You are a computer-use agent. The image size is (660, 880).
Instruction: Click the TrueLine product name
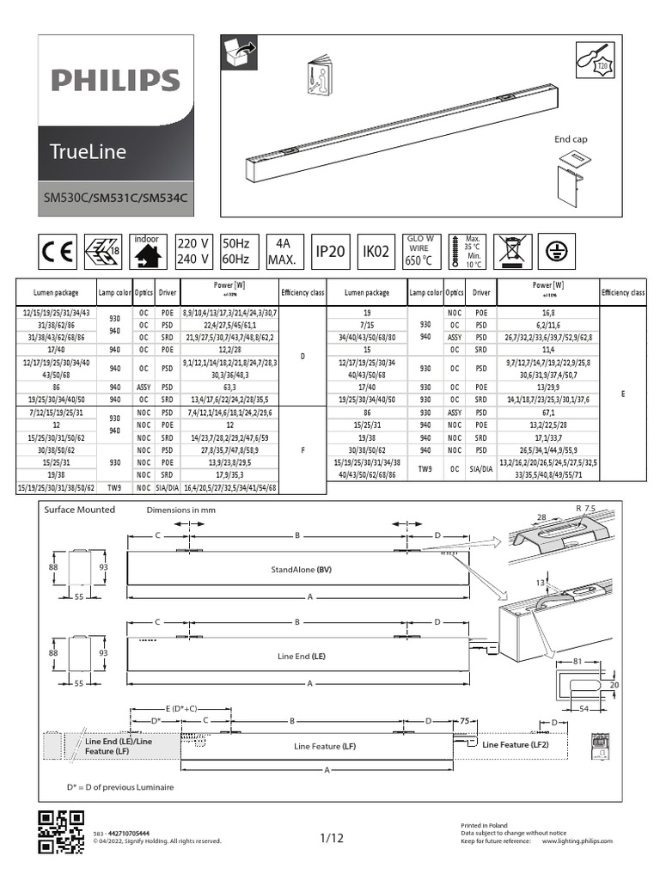click(89, 152)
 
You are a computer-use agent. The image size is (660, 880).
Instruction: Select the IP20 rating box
click(331, 251)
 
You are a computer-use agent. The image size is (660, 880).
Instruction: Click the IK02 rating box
click(375, 251)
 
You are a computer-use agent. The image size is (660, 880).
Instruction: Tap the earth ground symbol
click(557, 250)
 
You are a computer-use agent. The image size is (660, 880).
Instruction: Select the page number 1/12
click(332, 839)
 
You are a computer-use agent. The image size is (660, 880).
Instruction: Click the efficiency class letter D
click(302, 355)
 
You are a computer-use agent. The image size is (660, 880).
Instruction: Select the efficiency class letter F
click(302, 448)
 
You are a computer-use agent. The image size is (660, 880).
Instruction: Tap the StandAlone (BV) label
click(302, 570)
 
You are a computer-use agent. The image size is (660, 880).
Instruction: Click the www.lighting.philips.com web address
click(577, 842)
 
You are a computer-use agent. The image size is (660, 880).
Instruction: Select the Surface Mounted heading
click(79, 510)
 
